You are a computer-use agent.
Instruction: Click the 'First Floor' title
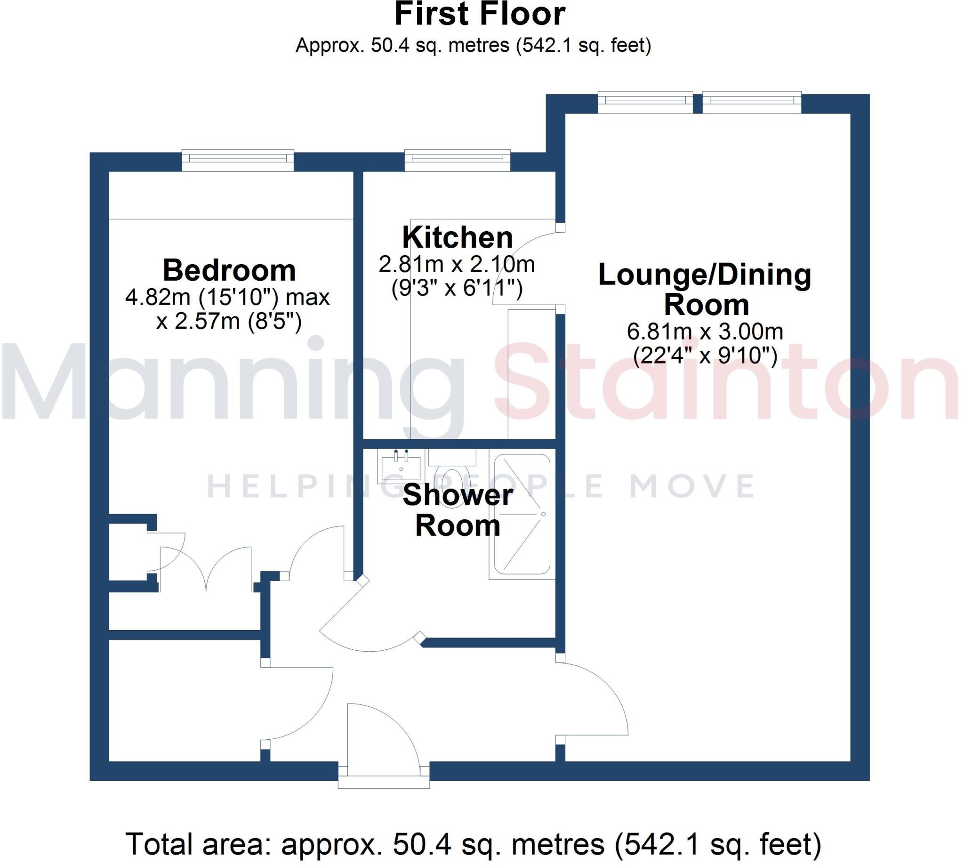click(x=480, y=14)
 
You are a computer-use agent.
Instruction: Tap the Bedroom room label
click(x=229, y=270)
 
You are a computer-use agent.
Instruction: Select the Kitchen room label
click(x=457, y=238)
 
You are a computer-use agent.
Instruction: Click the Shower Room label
click(x=457, y=510)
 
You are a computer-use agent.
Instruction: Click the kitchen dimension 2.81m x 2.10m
click(x=456, y=264)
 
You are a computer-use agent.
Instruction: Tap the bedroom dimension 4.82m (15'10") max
click(x=227, y=298)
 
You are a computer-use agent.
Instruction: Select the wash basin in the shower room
click(x=401, y=467)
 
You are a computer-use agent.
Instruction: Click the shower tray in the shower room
click(x=522, y=515)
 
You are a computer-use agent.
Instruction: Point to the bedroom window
click(x=238, y=160)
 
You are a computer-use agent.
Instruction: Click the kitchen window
click(x=457, y=160)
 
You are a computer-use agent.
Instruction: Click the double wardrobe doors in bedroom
click(x=205, y=570)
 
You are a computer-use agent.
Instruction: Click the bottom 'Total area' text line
click(x=473, y=845)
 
